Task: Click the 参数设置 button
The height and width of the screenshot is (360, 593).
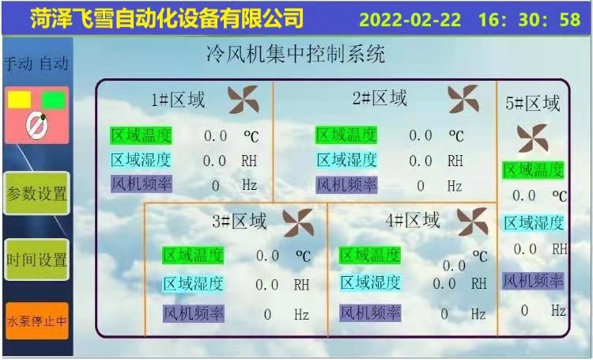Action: [x=36, y=193]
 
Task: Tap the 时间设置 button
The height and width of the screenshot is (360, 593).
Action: [x=36, y=260]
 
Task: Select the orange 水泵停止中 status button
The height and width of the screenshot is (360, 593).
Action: [x=37, y=321]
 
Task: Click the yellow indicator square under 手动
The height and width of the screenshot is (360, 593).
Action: [x=19, y=100]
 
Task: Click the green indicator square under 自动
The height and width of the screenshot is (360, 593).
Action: [x=53, y=100]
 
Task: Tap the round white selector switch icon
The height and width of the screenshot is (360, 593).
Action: [x=36, y=127]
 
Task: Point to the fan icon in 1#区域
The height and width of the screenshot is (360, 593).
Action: [x=244, y=100]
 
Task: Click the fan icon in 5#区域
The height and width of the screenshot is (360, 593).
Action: [x=532, y=138]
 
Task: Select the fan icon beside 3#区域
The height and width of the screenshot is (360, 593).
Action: [x=298, y=222]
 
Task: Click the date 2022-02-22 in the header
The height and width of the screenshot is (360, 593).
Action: [x=410, y=19]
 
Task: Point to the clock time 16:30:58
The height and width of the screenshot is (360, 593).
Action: [x=530, y=19]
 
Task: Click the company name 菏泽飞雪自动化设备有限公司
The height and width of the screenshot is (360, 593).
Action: [x=167, y=17]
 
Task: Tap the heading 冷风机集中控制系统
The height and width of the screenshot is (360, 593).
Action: [x=296, y=54]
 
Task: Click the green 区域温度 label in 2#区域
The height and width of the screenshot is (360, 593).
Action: [x=346, y=135]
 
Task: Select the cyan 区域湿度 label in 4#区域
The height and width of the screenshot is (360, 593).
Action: [x=370, y=282]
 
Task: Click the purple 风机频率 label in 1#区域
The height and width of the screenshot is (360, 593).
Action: [x=142, y=184]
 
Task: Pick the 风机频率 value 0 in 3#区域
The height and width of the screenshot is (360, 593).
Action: [x=267, y=314]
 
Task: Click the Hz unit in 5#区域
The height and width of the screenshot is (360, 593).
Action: [x=558, y=310]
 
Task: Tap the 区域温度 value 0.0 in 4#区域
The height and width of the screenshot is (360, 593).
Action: [x=454, y=266]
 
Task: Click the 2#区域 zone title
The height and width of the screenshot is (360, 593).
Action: [x=380, y=98]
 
